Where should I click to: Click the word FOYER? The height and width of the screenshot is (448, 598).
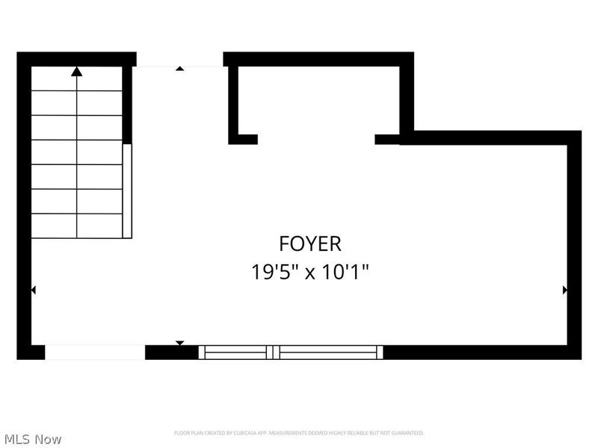310,243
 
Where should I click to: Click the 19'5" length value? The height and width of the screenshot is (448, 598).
274,272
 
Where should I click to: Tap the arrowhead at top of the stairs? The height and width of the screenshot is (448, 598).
76,72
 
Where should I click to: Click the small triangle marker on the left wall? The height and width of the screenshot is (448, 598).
33,290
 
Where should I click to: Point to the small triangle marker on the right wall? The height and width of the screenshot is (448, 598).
564,290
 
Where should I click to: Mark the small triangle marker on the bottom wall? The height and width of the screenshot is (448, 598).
179,343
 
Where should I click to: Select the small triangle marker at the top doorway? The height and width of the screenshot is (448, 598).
179,69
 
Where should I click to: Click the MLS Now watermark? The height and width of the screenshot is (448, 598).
32,439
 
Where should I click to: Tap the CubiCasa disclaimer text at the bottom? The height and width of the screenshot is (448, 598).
299,433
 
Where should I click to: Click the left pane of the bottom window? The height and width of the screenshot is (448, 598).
235,352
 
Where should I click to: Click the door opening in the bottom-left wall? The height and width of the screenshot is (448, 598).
95,352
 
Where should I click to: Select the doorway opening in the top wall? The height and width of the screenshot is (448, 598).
179,60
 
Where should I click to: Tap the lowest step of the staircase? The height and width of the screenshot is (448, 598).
76,226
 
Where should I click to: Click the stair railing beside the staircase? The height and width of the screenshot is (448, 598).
127,190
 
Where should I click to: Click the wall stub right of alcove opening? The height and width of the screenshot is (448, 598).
387,139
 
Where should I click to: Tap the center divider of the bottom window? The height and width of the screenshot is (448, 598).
274,352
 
